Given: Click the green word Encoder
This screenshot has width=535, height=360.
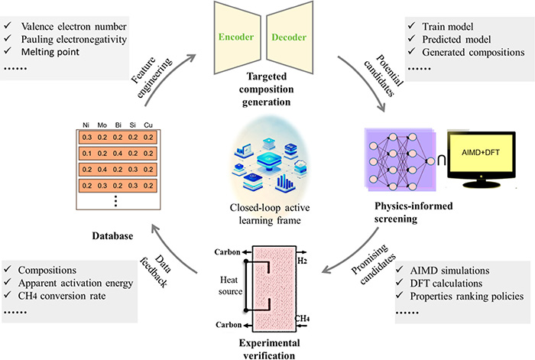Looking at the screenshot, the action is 236,37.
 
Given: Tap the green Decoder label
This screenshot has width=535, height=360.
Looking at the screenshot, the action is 289,37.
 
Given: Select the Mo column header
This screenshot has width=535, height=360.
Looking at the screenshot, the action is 102,125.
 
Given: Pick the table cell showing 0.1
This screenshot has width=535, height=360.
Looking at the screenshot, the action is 87,154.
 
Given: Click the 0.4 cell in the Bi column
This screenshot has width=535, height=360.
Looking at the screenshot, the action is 118,154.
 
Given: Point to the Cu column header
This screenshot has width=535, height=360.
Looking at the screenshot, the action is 148,125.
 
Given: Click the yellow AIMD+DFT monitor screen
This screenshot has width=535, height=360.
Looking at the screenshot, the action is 481,153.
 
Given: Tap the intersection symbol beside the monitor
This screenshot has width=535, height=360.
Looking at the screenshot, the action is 442,161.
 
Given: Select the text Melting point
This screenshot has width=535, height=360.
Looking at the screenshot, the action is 50,52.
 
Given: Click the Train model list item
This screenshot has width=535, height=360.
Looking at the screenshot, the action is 448,27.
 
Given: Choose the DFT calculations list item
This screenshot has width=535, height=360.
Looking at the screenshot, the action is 446,284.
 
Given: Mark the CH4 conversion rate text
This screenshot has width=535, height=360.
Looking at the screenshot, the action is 62,296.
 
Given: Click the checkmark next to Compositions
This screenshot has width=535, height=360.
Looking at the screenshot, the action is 8,269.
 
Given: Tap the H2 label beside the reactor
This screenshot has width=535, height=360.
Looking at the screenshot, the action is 302,261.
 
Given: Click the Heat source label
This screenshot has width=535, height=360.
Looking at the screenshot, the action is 230,286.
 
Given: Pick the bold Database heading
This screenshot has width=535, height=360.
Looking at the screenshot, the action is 112,235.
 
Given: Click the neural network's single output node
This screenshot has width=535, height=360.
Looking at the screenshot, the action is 431,161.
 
